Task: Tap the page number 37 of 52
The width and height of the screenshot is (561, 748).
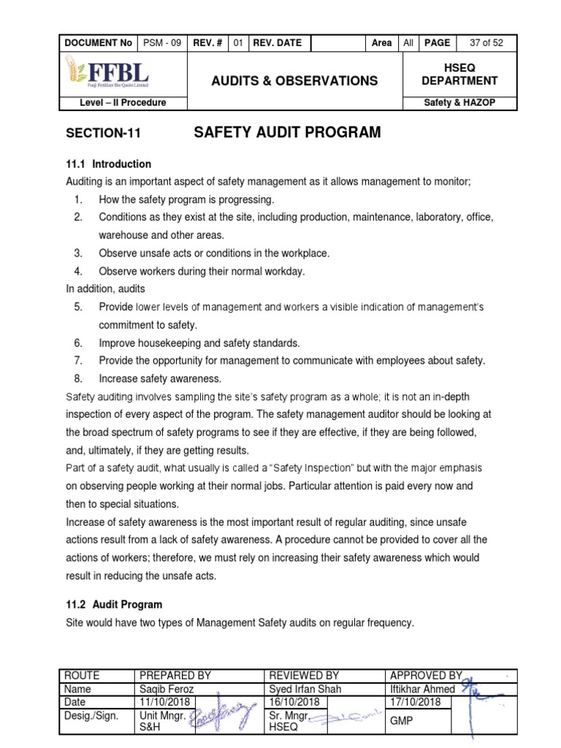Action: point(486,43)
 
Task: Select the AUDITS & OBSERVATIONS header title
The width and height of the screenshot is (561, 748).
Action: point(294,81)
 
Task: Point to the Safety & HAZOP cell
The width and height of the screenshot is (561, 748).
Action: point(459,103)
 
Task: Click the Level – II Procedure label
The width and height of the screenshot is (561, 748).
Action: point(123,103)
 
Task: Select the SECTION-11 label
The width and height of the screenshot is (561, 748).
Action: point(102,134)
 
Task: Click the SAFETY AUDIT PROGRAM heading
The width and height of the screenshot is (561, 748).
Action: point(287,132)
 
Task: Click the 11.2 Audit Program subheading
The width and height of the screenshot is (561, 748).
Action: point(114,605)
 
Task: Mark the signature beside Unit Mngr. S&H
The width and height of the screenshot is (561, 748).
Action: point(224,717)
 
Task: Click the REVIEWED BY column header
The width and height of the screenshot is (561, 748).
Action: point(304,676)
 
